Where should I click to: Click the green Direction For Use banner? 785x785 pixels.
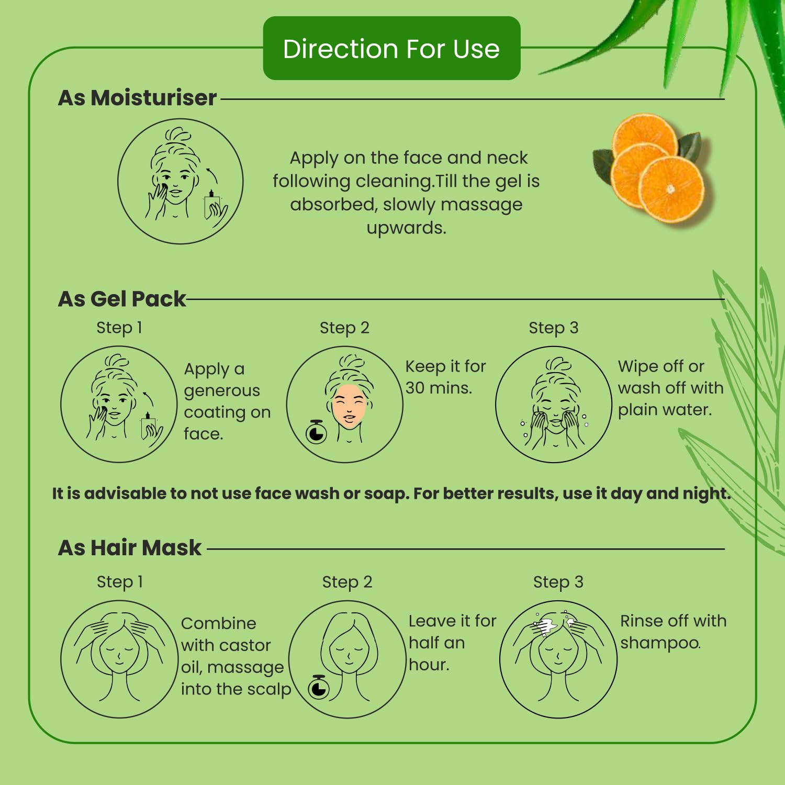[391, 48]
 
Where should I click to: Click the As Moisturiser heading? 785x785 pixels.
[137, 98]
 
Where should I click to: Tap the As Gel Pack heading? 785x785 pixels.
[122, 299]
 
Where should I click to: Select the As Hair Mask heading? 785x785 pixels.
[130, 548]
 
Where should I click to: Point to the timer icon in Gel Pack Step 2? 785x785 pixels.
[316, 432]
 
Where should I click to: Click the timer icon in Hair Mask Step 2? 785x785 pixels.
[319, 687]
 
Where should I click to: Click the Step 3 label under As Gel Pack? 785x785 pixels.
[553, 328]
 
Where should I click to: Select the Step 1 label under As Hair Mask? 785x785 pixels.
[120, 582]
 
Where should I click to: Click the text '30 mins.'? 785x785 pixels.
[439, 388]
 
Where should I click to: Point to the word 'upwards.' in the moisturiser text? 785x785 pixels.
[406, 228]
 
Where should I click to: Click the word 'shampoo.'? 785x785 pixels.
[660, 643]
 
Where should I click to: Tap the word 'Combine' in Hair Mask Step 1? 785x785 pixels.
[219, 623]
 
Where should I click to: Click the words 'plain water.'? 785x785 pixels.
[665, 410]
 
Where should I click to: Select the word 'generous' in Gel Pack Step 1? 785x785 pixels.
[222, 391]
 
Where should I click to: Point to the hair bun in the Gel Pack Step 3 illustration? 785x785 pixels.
[558, 365]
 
